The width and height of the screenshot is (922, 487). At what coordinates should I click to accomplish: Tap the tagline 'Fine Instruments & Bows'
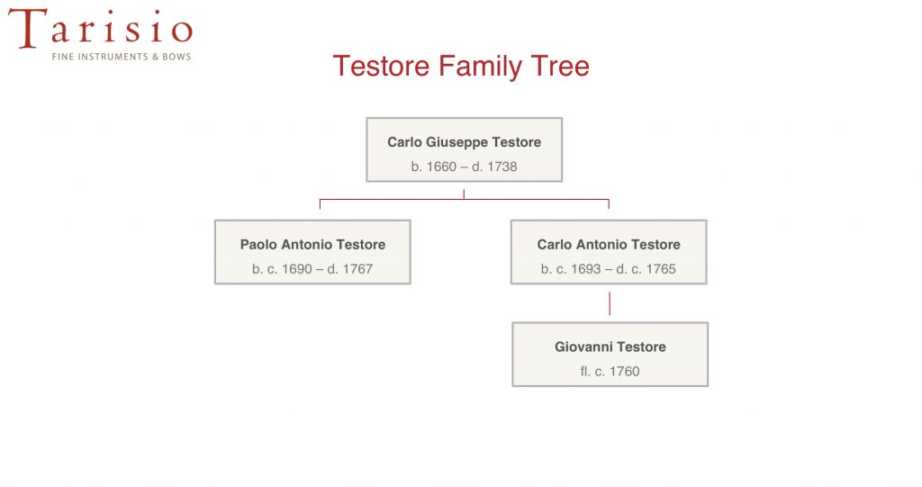pyautogui.click(x=122, y=57)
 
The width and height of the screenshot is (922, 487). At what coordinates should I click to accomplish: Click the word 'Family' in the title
pyautogui.click(x=480, y=67)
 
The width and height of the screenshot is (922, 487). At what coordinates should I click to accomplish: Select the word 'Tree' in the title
pyautogui.click(x=560, y=66)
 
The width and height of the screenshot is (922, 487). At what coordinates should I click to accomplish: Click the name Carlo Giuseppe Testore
pyautogui.click(x=464, y=142)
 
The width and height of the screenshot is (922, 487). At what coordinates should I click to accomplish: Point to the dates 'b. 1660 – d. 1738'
pyautogui.click(x=464, y=167)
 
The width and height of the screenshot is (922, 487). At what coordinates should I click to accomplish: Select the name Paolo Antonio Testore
pyautogui.click(x=312, y=245)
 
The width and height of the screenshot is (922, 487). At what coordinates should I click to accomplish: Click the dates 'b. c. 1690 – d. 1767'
pyautogui.click(x=312, y=269)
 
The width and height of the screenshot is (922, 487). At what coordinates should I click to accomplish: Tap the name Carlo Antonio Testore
pyautogui.click(x=609, y=245)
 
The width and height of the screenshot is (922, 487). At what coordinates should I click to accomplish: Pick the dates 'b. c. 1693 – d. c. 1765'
pyautogui.click(x=609, y=269)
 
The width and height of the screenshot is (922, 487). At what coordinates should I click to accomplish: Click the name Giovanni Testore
pyautogui.click(x=610, y=347)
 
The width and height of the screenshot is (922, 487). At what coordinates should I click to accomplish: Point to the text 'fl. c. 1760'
pyautogui.click(x=610, y=371)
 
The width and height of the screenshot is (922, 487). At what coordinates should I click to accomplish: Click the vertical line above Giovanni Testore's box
pyautogui.click(x=610, y=303)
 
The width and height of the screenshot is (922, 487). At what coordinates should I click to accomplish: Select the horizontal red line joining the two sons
pyautogui.click(x=465, y=200)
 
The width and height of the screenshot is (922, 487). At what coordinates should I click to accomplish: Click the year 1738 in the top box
pyautogui.click(x=502, y=167)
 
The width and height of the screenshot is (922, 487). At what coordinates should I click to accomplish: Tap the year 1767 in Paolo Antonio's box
pyautogui.click(x=357, y=269)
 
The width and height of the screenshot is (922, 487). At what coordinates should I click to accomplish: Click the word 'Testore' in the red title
pyautogui.click(x=382, y=66)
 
